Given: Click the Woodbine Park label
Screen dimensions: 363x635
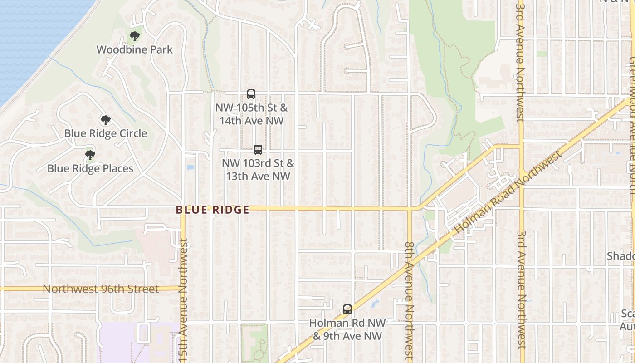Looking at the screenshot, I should point(135,49).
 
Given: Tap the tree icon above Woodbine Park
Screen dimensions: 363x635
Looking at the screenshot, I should point(134,36).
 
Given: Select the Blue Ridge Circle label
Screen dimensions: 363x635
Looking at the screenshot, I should point(106,133).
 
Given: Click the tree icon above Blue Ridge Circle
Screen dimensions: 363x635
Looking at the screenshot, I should point(106,120).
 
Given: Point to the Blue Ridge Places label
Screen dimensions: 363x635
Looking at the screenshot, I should point(90,168).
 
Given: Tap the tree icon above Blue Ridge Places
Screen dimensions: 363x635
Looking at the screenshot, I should point(90,155).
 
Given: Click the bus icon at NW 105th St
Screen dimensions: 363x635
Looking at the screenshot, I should point(251,94).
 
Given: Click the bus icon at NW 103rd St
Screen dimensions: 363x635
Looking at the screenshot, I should point(258,149).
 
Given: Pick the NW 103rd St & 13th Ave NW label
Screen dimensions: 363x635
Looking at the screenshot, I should point(258,169).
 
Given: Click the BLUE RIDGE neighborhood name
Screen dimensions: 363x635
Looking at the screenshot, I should point(213,210).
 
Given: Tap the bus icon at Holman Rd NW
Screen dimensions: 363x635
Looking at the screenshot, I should point(347,309).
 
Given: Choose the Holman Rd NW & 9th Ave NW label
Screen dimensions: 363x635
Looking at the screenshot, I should point(347,329).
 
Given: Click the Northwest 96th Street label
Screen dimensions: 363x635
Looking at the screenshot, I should point(101,289).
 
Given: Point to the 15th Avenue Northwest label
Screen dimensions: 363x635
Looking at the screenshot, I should point(183,299).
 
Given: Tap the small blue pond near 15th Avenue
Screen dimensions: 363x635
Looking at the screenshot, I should point(190,167).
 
